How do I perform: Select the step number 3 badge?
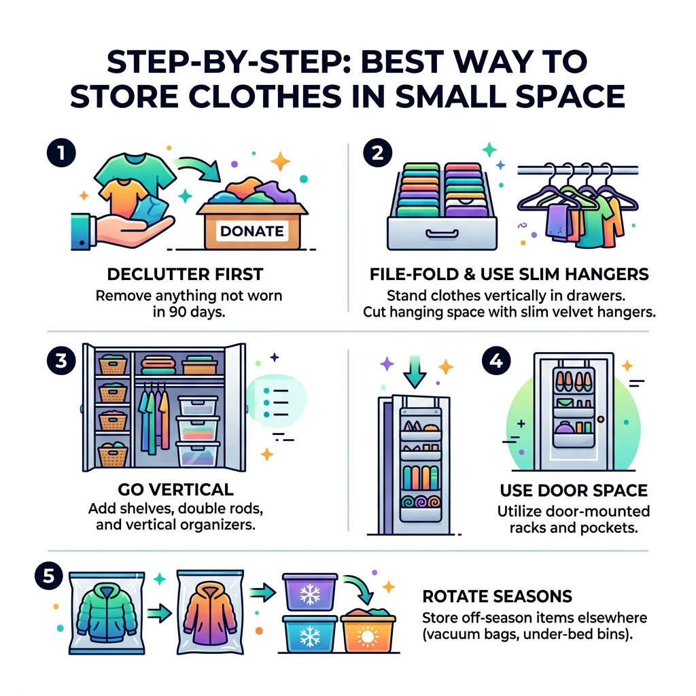[59, 361]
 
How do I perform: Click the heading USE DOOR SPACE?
[573, 490]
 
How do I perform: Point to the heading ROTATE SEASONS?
[497, 597]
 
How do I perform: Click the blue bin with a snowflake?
[310, 636]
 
